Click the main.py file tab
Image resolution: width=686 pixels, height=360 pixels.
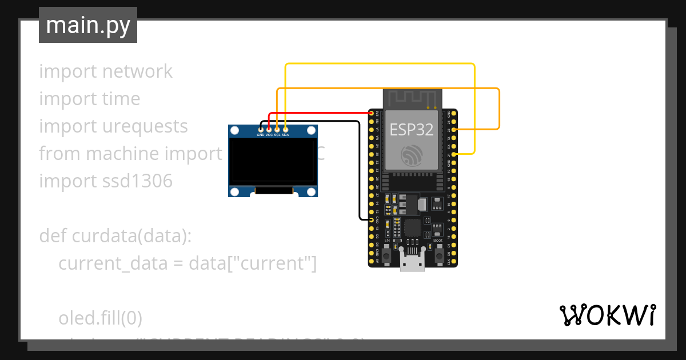(x=87, y=26)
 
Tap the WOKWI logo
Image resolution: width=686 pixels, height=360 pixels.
(x=607, y=315)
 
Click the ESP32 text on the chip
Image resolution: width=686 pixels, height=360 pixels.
(x=411, y=130)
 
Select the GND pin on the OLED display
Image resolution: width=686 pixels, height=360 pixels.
(x=261, y=130)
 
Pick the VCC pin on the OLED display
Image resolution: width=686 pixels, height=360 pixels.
(x=269, y=130)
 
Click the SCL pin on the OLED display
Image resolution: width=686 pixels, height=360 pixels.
(x=277, y=130)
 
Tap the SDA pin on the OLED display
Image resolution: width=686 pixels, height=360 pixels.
(x=285, y=130)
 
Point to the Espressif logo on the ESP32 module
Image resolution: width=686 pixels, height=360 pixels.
(x=411, y=155)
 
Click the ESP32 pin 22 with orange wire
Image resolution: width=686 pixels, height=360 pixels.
(x=453, y=130)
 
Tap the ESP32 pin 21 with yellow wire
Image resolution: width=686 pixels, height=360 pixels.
(x=453, y=154)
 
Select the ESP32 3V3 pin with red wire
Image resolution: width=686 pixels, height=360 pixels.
(x=372, y=114)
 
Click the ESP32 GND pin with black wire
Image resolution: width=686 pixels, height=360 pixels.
(x=372, y=220)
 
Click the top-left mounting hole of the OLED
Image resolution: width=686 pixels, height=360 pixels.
(x=234, y=131)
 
